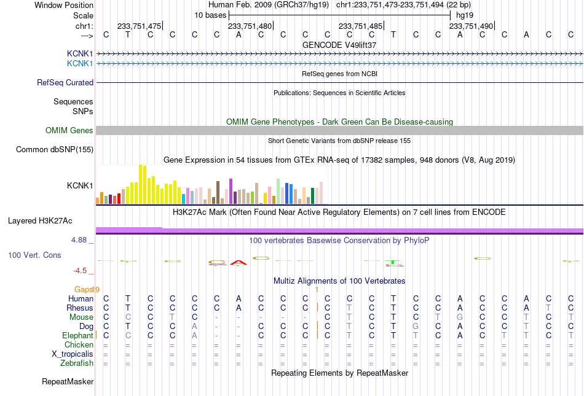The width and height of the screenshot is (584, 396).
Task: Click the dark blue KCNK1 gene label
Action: click(x=80, y=54)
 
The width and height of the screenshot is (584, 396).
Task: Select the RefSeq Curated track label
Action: click(x=65, y=82)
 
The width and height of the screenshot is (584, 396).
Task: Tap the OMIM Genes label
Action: click(x=69, y=131)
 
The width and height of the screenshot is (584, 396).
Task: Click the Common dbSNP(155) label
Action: click(x=55, y=149)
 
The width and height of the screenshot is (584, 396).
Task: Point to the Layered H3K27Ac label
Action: click(x=40, y=221)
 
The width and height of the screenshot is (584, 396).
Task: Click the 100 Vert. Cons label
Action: click(x=34, y=255)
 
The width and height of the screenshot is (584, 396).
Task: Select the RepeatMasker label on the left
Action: click(x=68, y=381)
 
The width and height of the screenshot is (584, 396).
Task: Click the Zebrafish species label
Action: click(x=77, y=363)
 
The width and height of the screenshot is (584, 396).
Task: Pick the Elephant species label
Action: click(x=77, y=336)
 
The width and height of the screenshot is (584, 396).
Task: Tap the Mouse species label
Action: click(x=81, y=317)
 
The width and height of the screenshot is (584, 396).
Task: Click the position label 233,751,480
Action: click(x=250, y=26)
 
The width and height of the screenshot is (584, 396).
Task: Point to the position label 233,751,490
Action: click(x=471, y=26)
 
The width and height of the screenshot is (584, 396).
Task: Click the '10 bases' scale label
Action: click(x=210, y=15)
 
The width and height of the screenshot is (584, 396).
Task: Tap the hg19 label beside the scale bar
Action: click(x=465, y=15)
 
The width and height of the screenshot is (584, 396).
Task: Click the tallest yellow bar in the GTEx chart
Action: click(x=141, y=184)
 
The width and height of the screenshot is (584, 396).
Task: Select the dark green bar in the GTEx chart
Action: click(x=313, y=196)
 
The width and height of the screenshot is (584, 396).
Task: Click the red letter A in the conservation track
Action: click(x=239, y=263)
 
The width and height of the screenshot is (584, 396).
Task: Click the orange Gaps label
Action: click(x=84, y=289)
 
